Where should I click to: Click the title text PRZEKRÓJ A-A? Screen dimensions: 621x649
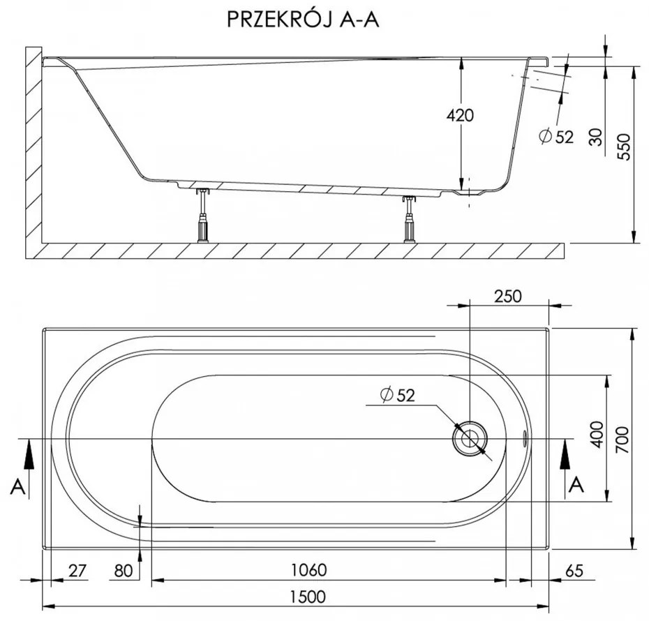click(304, 19)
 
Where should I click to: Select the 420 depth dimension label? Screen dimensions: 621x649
click(459, 115)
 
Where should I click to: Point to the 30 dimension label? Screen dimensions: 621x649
click(595, 137)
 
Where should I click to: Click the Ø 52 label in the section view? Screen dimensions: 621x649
click(556, 137)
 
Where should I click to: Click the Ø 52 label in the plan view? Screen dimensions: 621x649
click(398, 396)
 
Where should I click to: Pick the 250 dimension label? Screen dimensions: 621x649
click(507, 295)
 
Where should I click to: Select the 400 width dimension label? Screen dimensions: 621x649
click(595, 437)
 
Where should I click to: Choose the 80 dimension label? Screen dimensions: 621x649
click(123, 571)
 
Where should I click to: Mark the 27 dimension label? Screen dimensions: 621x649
click(77, 571)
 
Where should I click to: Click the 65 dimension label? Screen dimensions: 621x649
click(573, 571)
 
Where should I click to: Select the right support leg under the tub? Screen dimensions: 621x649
click(408, 219)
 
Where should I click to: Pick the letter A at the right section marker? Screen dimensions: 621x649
click(576, 484)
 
